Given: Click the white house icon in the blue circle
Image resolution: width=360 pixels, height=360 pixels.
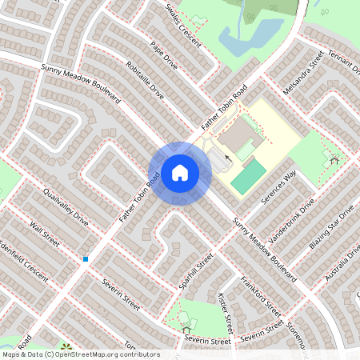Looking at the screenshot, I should [x=179, y=173].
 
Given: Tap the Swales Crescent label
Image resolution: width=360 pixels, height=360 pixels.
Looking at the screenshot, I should [x=183, y=24].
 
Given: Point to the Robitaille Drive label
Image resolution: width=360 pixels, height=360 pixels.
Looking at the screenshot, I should [x=145, y=79].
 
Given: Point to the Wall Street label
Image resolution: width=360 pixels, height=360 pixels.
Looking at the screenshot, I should [x=44, y=235].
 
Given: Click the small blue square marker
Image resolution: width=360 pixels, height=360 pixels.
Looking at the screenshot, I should [x=85, y=258].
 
